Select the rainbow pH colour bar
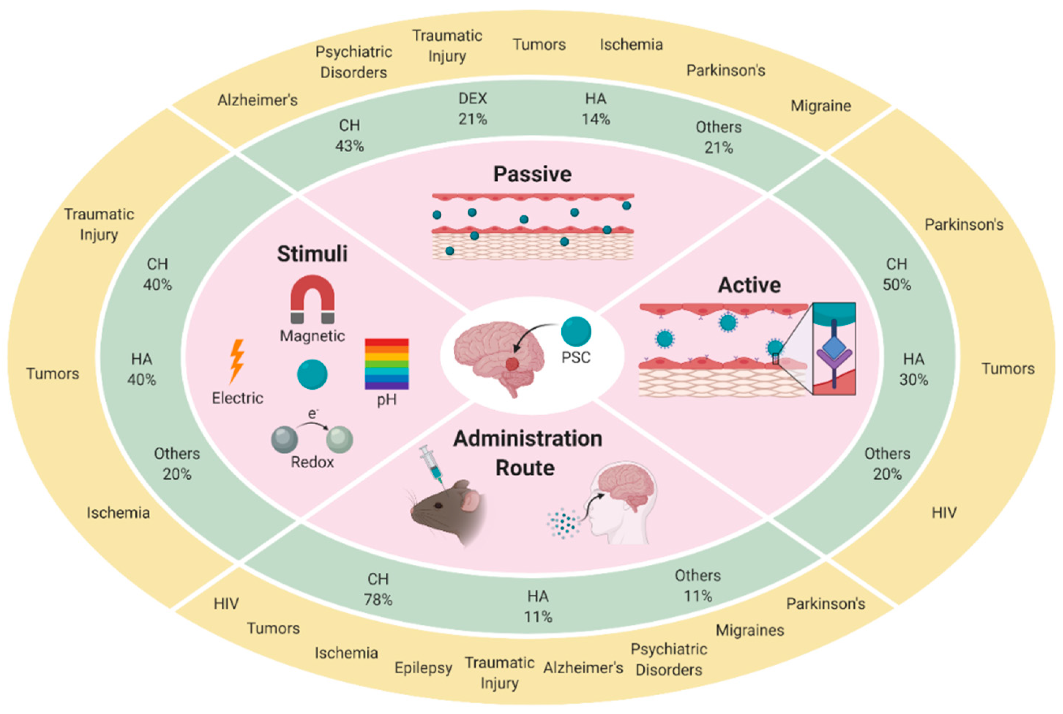[386, 363]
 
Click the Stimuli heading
[312, 254]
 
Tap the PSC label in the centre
[576, 358]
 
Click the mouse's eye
[438, 505]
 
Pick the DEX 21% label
[472, 109]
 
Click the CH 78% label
[378, 589]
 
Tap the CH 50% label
[897, 274]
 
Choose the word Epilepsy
[423, 668]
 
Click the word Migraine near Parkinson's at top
[820, 106]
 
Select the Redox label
[312, 463]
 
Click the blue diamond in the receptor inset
[834, 347]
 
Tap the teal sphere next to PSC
[576, 331]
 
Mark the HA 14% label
[595, 109]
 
